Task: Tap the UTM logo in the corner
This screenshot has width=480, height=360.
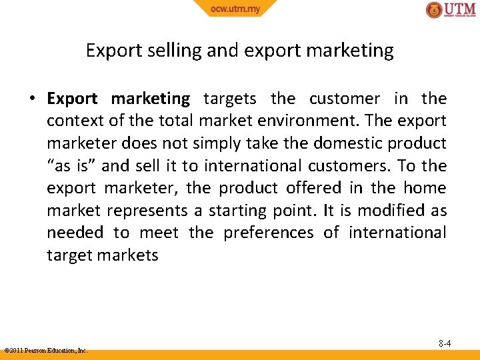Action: pyautogui.click(x=451, y=10)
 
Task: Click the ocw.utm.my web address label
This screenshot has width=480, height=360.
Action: pyautogui.click(x=235, y=8)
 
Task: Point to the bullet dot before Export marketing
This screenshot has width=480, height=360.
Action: pyautogui.click(x=31, y=99)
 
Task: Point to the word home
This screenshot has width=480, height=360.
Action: pyautogui.click(x=425, y=189)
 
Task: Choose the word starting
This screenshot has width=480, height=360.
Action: pyautogui.click(x=238, y=211)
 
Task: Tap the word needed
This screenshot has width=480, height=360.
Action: pyautogui.click(x=75, y=233)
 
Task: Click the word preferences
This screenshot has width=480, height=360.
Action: pyautogui.click(x=268, y=233)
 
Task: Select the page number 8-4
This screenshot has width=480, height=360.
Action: pyautogui.click(x=445, y=343)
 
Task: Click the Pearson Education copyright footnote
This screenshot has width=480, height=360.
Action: pyautogui.click(x=46, y=350)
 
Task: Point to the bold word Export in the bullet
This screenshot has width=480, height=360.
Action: pyautogui.click(x=72, y=99)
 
